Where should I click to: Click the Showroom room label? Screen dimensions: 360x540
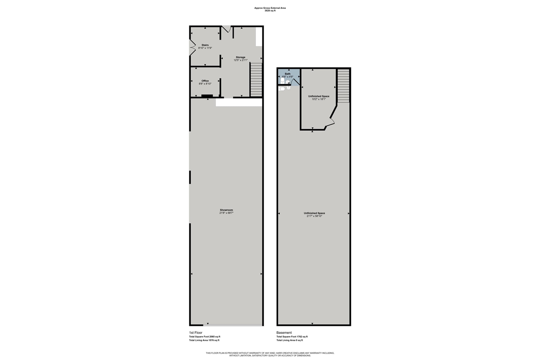(x=226, y=210)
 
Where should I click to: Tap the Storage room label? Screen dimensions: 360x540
(x=240, y=57)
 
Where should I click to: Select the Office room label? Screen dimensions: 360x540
(x=205, y=81)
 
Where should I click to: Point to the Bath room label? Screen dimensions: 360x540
(x=288, y=74)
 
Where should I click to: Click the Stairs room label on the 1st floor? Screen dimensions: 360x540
(x=205, y=45)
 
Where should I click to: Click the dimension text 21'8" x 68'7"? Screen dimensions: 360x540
(x=226, y=213)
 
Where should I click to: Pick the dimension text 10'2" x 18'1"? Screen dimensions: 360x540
(x=319, y=99)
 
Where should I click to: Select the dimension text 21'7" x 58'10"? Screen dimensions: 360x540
(x=314, y=216)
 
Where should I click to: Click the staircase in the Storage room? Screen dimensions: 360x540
(x=256, y=79)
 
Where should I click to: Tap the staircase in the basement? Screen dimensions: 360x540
(x=343, y=86)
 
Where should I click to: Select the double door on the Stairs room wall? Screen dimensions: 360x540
(x=192, y=47)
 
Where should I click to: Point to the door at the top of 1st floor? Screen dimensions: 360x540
(x=227, y=29)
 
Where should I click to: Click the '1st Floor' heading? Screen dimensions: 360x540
(x=196, y=333)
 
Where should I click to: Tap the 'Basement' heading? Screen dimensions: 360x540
(x=284, y=333)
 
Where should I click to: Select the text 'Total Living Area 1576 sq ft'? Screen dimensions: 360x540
(x=204, y=340)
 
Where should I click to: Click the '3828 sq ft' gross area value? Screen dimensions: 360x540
(x=270, y=11)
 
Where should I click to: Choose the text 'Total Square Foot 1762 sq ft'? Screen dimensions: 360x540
(x=292, y=336)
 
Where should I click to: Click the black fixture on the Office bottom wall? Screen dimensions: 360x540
(x=207, y=96)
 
